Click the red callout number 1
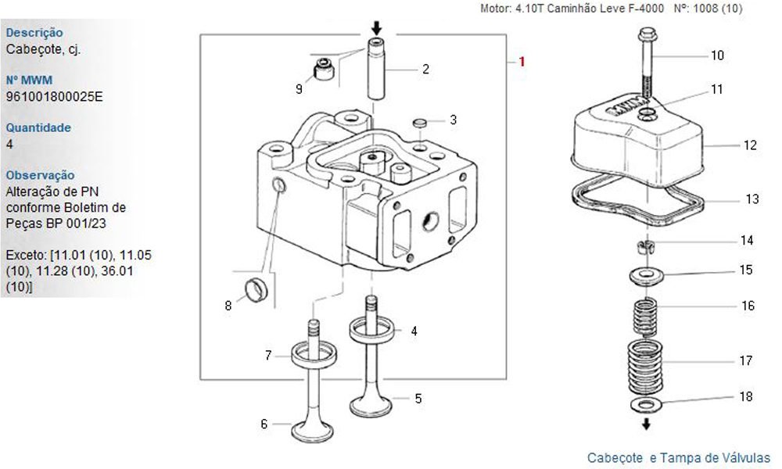click(x=522, y=62)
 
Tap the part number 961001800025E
click(x=55, y=97)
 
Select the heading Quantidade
click(x=38, y=127)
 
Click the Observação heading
click(x=41, y=175)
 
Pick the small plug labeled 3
click(x=420, y=123)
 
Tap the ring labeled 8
click(x=256, y=288)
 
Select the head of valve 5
click(x=371, y=405)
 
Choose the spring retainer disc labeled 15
click(x=646, y=276)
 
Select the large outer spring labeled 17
click(x=646, y=367)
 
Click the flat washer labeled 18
click(x=647, y=404)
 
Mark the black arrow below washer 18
click(x=647, y=424)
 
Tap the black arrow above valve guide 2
click(x=377, y=27)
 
